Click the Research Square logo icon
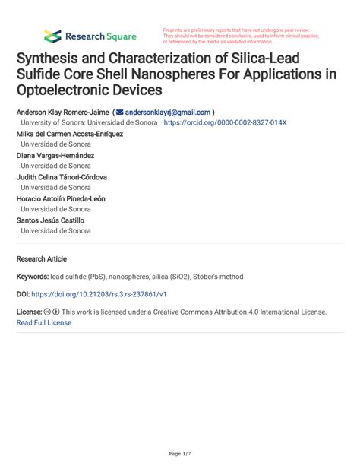click(x=52, y=36)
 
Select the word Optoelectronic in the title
click(x=60, y=90)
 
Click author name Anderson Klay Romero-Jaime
click(x=62, y=111)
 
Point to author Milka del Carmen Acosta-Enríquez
click(x=69, y=133)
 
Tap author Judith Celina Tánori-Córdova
click(x=62, y=177)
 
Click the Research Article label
click(x=42, y=258)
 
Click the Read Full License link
click(x=44, y=322)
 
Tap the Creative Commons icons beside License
click(x=52, y=312)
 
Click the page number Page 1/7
click(x=180, y=453)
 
